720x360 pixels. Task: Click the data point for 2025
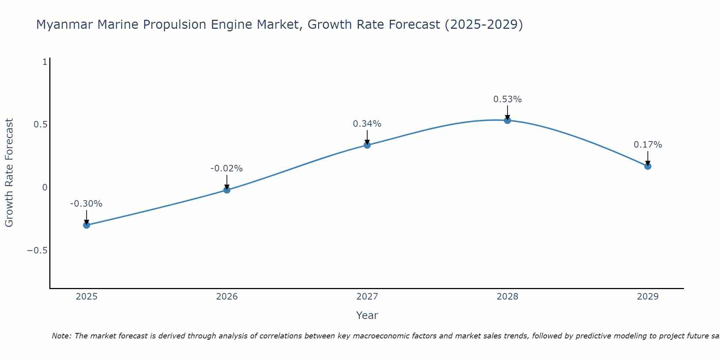[86, 225]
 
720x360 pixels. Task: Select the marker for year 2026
[227, 190]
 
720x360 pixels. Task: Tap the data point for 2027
[367, 145]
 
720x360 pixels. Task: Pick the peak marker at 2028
[508, 120]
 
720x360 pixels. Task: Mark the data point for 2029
[648, 166]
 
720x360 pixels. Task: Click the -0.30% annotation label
[86, 204]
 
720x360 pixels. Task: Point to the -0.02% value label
[226, 168]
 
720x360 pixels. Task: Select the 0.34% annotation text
[367, 124]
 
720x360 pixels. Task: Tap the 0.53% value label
[507, 99]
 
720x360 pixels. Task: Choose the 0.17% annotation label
[648, 145]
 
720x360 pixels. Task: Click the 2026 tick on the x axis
[227, 297]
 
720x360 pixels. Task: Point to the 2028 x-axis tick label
[508, 297]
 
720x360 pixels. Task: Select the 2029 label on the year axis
[648, 297]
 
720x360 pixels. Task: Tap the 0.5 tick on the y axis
[40, 125]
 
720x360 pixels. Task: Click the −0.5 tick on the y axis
[37, 251]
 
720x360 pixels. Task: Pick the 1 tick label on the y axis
[45, 62]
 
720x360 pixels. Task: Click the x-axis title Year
[367, 316]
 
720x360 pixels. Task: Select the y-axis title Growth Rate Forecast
[9, 173]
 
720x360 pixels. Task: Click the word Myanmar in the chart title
[65, 25]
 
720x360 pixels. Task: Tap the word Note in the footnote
[61, 336]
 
